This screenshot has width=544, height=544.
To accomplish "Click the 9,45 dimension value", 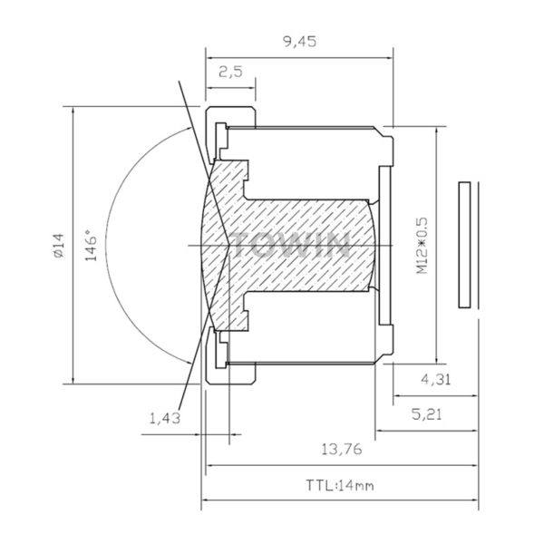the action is click(x=300, y=42).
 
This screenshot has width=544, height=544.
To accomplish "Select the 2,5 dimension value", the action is click(x=230, y=73).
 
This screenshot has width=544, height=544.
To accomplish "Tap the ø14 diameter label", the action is click(x=58, y=246).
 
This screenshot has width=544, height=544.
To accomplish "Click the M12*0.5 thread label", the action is click(x=423, y=246).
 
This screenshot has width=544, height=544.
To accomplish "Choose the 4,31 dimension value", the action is click(x=436, y=380).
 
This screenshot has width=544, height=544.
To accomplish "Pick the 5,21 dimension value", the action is click(x=427, y=414).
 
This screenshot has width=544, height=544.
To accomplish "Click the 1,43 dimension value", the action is click(x=165, y=418).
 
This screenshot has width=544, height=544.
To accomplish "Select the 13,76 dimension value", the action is click(x=342, y=450).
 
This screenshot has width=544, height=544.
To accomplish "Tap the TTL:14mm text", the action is click(x=340, y=485).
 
